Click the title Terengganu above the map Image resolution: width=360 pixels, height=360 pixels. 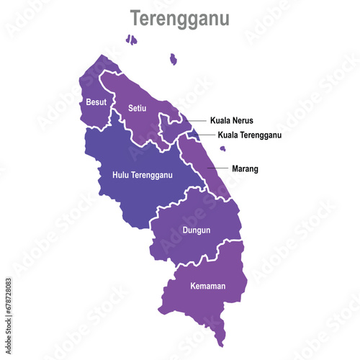point(179,19)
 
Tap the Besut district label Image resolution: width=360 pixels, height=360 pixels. point(96,102)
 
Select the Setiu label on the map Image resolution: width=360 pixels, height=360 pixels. point(137,108)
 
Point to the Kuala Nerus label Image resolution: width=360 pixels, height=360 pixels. point(232,121)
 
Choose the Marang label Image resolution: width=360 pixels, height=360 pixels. point(245,169)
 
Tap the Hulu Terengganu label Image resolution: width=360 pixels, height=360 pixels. point(143,175)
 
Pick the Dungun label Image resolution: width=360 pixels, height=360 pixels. point(196,230)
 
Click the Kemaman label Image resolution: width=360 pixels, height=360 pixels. point(207,286)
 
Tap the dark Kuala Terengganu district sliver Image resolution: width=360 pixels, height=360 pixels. point(194,132)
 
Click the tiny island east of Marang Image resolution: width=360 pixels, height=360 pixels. point(222,149)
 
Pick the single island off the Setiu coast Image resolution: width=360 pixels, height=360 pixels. point(173,59)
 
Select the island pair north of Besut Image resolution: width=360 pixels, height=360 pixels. point(131,40)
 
